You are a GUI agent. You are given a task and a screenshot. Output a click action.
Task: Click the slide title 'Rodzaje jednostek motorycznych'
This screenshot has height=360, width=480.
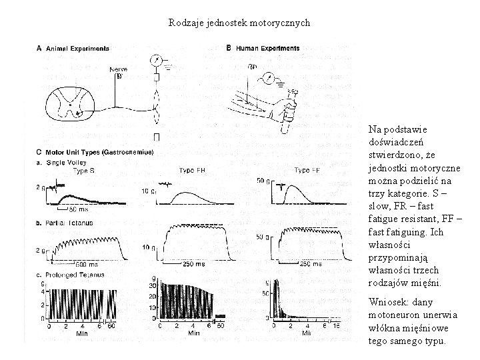point(239,23)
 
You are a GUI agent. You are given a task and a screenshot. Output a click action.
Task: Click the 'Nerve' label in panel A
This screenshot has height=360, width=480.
point(118,69)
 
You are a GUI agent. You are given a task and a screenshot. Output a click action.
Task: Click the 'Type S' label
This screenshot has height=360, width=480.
point(83,171)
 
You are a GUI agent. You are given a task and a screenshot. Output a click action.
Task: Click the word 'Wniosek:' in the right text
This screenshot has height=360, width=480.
point(386,303)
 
